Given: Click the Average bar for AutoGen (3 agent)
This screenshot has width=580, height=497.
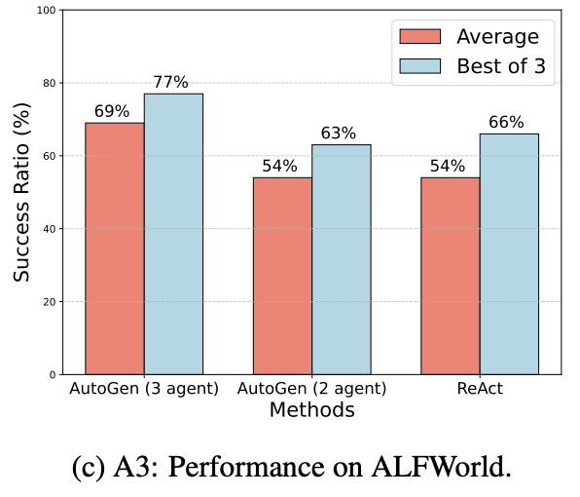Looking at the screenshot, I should tap(115, 248).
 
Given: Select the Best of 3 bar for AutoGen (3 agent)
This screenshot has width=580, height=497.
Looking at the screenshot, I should tap(173, 234).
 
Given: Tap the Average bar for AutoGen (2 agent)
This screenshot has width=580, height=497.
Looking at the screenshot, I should tap(282, 276).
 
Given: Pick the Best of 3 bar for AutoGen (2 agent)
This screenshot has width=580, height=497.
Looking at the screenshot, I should tap(341, 259).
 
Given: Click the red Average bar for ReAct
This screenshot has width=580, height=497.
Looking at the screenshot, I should tap(450, 276).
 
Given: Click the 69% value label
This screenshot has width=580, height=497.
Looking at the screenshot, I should tap(112, 112).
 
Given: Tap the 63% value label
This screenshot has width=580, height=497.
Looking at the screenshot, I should tap(339, 134).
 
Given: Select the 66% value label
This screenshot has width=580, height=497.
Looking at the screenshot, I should tap(506, 123).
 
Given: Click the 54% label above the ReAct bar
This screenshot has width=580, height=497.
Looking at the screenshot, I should tap(447, 166).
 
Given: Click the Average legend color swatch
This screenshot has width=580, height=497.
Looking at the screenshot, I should tap(419, 37).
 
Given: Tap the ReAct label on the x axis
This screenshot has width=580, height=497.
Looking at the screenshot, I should tap(479, 389).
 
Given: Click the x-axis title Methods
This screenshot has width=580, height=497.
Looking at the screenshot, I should tap(311, 411).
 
